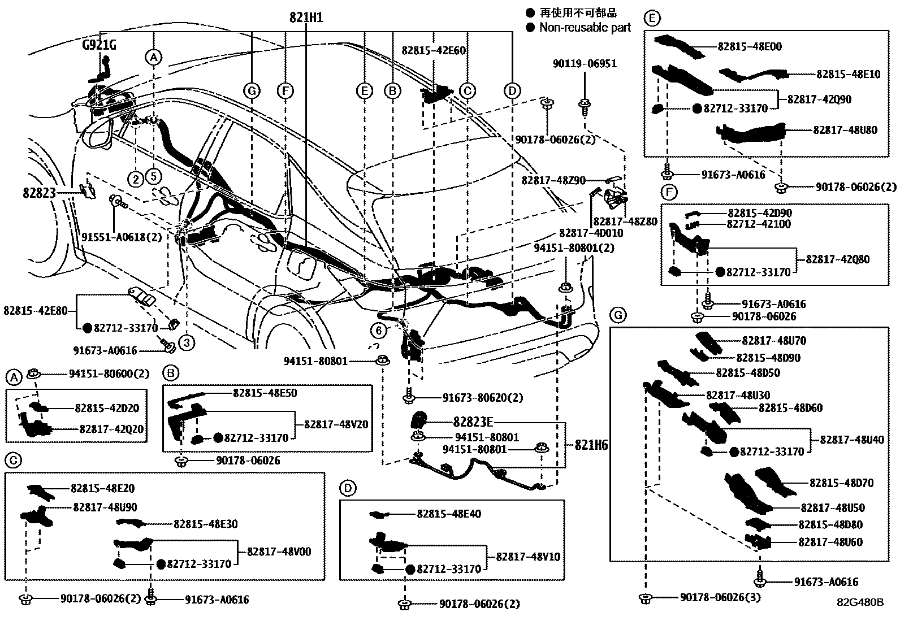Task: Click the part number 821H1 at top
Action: pos(306,18)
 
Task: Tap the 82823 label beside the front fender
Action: pos(39,193)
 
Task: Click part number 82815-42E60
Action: pos(434,50)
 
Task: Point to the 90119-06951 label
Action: pos(585,64)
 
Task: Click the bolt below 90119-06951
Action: pos(585,105)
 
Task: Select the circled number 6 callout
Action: pos(378,329)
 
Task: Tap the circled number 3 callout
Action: pos(186,342)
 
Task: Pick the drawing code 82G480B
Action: pos(860,602)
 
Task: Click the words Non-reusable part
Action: pos(585,27)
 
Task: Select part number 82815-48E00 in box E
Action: pos(750,47)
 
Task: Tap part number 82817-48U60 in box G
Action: pos(830,542)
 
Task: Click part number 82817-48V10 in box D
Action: pos(528,557)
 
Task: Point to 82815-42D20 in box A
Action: pos(107,408)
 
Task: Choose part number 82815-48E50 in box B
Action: pos(265,393)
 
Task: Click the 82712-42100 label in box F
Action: pos(759,224)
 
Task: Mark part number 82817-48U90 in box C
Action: pos(105,507)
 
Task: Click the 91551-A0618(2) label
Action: pos(122,237)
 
